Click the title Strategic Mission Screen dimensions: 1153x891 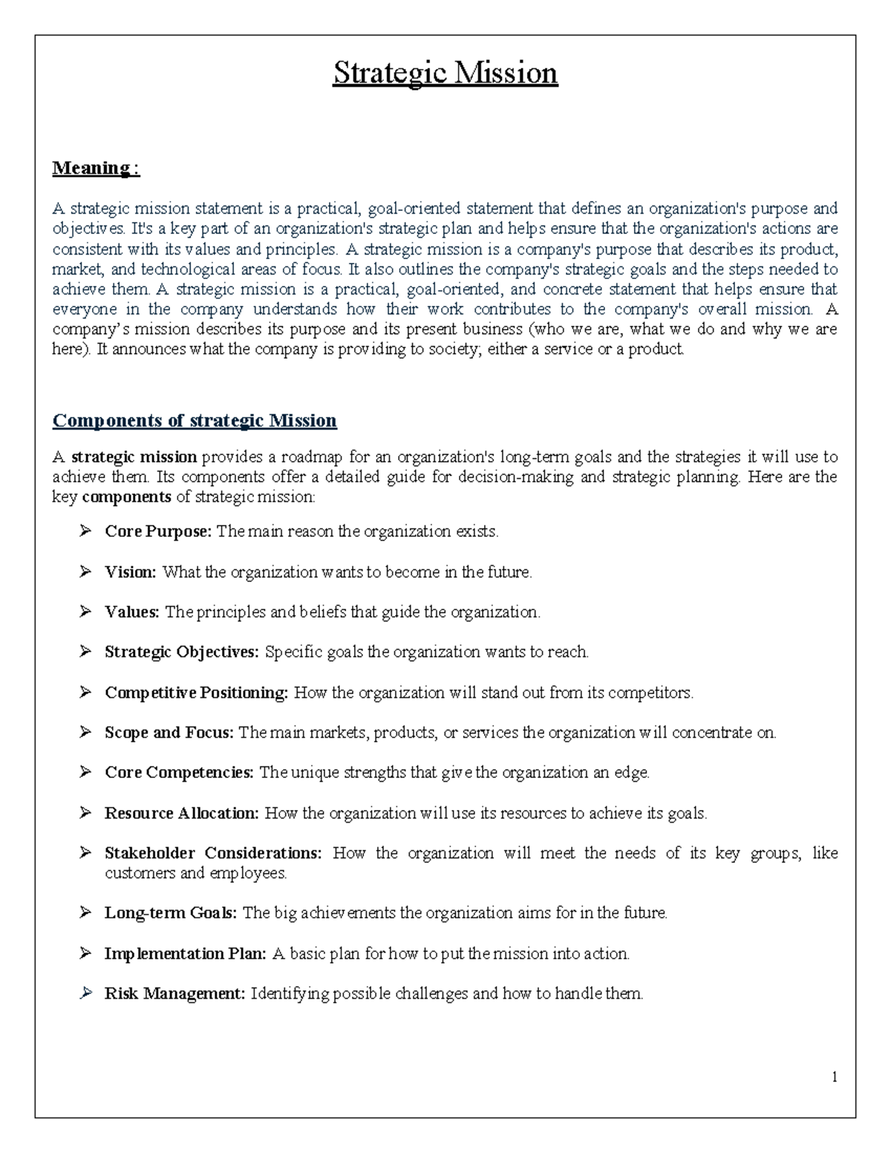pos(445,74)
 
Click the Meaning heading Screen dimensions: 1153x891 pos(95,169)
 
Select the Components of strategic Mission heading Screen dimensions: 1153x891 pos(195,421)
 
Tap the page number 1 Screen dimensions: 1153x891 pos(835,1077)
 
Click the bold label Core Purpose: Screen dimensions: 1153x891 pos(158,532)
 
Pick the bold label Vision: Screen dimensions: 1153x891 pos(130,572)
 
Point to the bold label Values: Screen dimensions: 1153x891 pos(132,613)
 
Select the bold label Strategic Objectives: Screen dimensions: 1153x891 pos(181,653)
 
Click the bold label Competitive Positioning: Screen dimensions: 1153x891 pos(196,693)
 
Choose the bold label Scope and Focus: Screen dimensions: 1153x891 pos(169,733)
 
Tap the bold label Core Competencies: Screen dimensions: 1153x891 pos(179,773)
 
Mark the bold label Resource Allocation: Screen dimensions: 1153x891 pos(181,814)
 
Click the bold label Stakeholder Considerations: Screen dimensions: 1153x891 pos(213,853)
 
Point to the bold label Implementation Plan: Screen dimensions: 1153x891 pos(185,953)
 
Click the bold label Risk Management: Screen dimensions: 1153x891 pos(174,993)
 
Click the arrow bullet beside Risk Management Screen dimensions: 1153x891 pos(85,993)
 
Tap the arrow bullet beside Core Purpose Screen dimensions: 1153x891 pos(85,531)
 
